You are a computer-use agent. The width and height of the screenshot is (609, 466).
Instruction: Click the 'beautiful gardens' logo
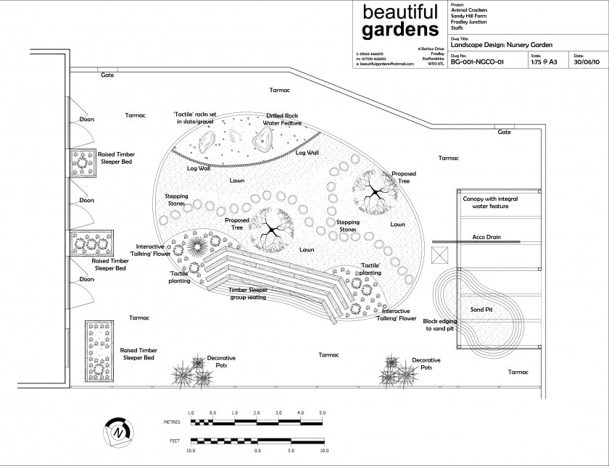[400, 21]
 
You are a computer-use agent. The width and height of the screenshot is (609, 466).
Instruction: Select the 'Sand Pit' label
[481, 310]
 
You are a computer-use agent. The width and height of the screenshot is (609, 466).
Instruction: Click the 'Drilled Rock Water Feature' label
[282, 120]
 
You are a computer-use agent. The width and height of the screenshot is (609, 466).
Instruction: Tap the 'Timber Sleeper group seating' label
[248, 294]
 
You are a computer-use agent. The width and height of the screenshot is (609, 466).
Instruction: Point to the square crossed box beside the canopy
[439, 256]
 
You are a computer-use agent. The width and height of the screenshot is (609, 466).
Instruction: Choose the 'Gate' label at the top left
[107, 75]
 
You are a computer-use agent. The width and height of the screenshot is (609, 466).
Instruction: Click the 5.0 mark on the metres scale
[323, 413]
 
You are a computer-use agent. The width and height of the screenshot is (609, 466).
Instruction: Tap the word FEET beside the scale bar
[171, 441]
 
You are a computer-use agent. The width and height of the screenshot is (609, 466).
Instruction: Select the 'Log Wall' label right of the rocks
[307, 153]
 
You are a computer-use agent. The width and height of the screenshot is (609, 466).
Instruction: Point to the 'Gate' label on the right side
[504, 132]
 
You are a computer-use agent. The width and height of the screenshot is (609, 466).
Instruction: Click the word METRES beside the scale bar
[173, 420]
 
